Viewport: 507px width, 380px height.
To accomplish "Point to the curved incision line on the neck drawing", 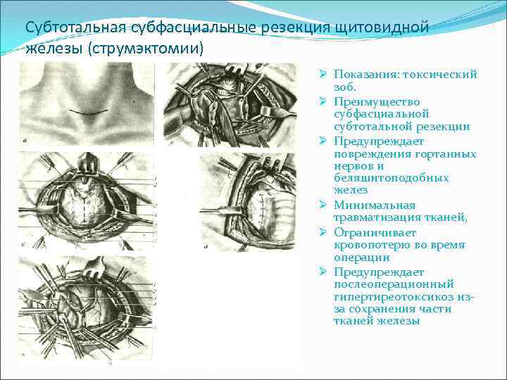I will coord(87,113).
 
